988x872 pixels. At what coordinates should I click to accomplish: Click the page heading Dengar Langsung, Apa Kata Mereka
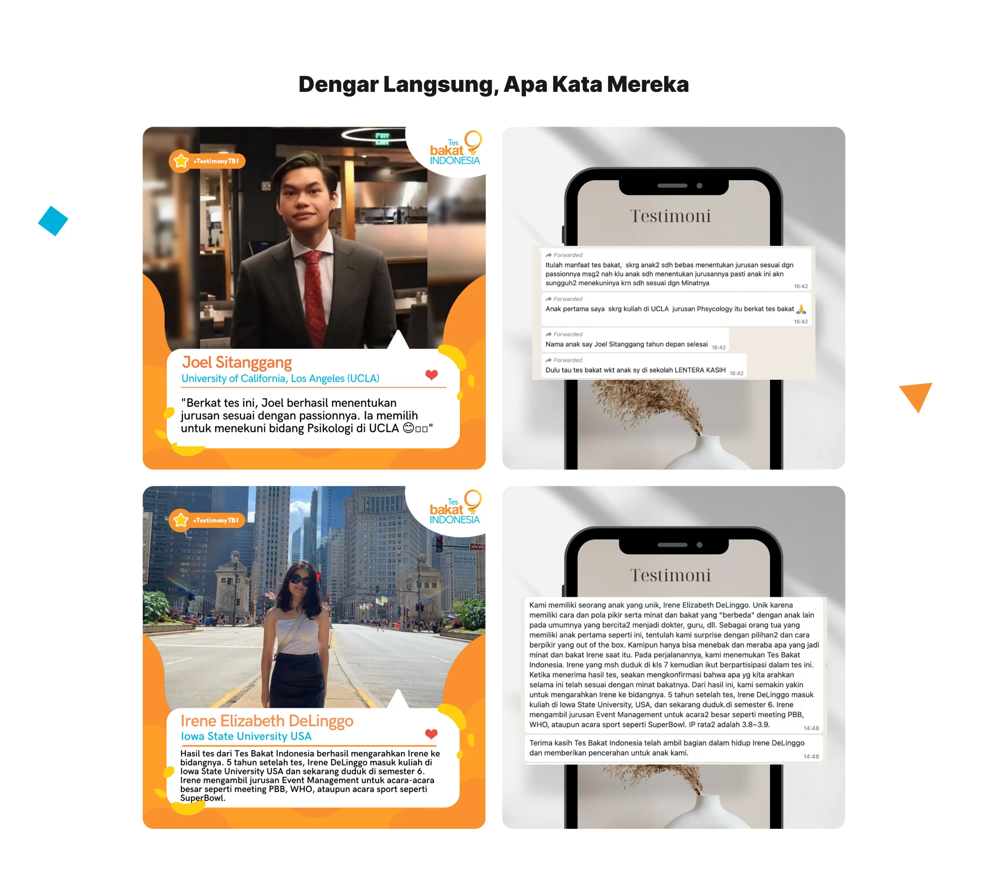[494, 84]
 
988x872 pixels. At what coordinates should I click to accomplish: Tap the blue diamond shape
[53, 221]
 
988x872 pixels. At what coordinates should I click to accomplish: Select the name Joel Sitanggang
[237, 362]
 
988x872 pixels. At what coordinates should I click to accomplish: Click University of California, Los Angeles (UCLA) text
[280, 378]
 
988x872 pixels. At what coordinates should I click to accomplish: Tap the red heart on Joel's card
[431, 374]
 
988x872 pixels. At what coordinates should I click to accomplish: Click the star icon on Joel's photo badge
[181, 160]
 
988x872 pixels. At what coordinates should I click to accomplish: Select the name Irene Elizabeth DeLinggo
[267, 721]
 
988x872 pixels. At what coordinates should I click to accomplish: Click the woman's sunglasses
[300, 579]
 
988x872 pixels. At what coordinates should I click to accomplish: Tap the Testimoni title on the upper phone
[670, 216]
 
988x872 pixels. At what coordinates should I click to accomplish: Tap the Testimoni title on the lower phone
[670, 575]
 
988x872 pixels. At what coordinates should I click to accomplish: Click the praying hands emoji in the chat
[801, 309]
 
